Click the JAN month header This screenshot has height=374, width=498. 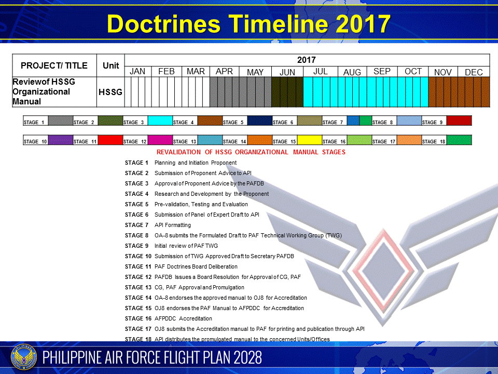(x=137, y=72)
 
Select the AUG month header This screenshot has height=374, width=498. (x=352, y=72)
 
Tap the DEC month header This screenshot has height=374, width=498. (x=474, y=72)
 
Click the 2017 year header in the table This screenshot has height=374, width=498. (x=306, y=60)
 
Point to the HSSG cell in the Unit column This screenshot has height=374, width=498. (x=110, y=92)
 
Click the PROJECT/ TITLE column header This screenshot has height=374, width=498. (x=54, y=66)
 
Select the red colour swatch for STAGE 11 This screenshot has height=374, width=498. (x=110, y=140)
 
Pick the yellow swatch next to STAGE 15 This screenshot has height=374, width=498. (x=309, y=140)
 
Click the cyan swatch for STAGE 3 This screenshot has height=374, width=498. (x=160, y=121)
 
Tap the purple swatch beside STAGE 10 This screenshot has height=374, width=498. (x=60, y=140)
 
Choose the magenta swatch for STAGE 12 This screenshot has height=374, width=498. (x=160, y=140)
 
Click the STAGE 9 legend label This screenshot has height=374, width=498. (x=433, y=123)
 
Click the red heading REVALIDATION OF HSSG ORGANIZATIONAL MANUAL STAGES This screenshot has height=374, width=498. (x=251, y=152)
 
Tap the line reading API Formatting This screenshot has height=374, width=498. (x=173, y=225)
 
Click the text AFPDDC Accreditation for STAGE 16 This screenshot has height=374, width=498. (x=183, y=318)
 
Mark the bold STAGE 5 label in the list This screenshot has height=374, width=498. (x=137, y=204)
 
